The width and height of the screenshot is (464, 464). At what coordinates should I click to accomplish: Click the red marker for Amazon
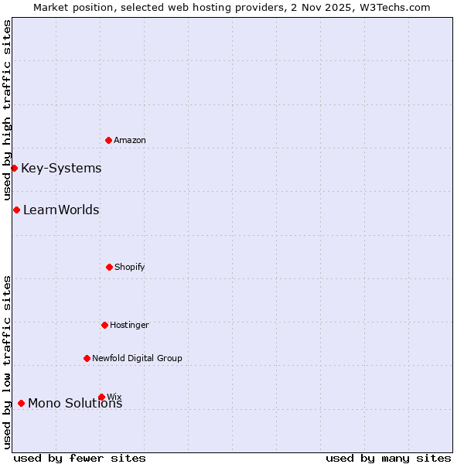coord(109,140)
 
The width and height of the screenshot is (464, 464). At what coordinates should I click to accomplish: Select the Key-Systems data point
coord(14,168)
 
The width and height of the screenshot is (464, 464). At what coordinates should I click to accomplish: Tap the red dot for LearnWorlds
coord(16,210)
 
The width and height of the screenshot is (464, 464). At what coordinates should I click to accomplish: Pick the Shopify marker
coord(109,267)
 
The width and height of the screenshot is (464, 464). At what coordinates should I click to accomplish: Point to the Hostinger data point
coord(104,325)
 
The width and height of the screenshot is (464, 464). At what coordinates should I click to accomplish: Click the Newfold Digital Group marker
coord(87,358)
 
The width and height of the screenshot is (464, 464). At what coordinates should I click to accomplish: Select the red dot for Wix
coord(101,397)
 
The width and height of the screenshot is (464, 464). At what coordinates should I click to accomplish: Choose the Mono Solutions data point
coord(21,403)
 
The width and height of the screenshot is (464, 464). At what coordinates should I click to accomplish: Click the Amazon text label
coord(130,140)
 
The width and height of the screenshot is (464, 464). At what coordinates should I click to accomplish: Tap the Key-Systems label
coord(61,169)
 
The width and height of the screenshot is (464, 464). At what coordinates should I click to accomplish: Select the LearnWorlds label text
coord(61,210)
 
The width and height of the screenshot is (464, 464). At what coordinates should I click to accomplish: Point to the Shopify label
coord(130,267)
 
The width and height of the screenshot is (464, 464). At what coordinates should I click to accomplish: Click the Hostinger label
coord(129,325)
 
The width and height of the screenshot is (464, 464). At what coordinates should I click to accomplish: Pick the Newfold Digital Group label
coord(137,358)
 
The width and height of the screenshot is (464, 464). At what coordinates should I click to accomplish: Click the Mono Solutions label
coord(75,404)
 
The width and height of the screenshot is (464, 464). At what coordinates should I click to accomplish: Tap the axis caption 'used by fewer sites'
coord(80,458)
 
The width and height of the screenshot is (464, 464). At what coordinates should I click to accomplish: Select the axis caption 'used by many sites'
coord(388,458)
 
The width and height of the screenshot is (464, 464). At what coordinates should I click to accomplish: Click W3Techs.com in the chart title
coord(393,7)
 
